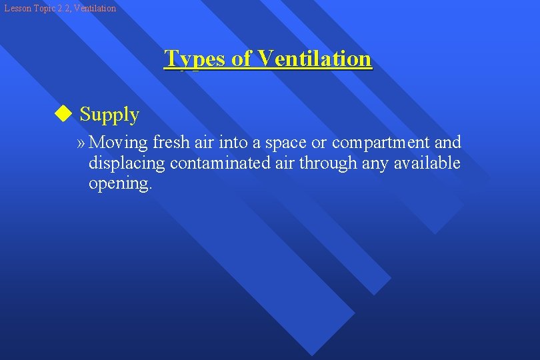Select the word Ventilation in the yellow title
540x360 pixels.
tap(314, 59)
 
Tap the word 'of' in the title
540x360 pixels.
tap(241, 59)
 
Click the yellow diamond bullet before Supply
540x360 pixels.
tap(63, 114)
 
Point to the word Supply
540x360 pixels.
tap(109, 115)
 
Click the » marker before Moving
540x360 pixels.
tap(81, 143)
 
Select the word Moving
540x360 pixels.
tap(118, 143)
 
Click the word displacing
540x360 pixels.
tap(127, 163)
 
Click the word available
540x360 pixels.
tap(427, 163)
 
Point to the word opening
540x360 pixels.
tap(120, 184)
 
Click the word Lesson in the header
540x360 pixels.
tap(16, 9)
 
